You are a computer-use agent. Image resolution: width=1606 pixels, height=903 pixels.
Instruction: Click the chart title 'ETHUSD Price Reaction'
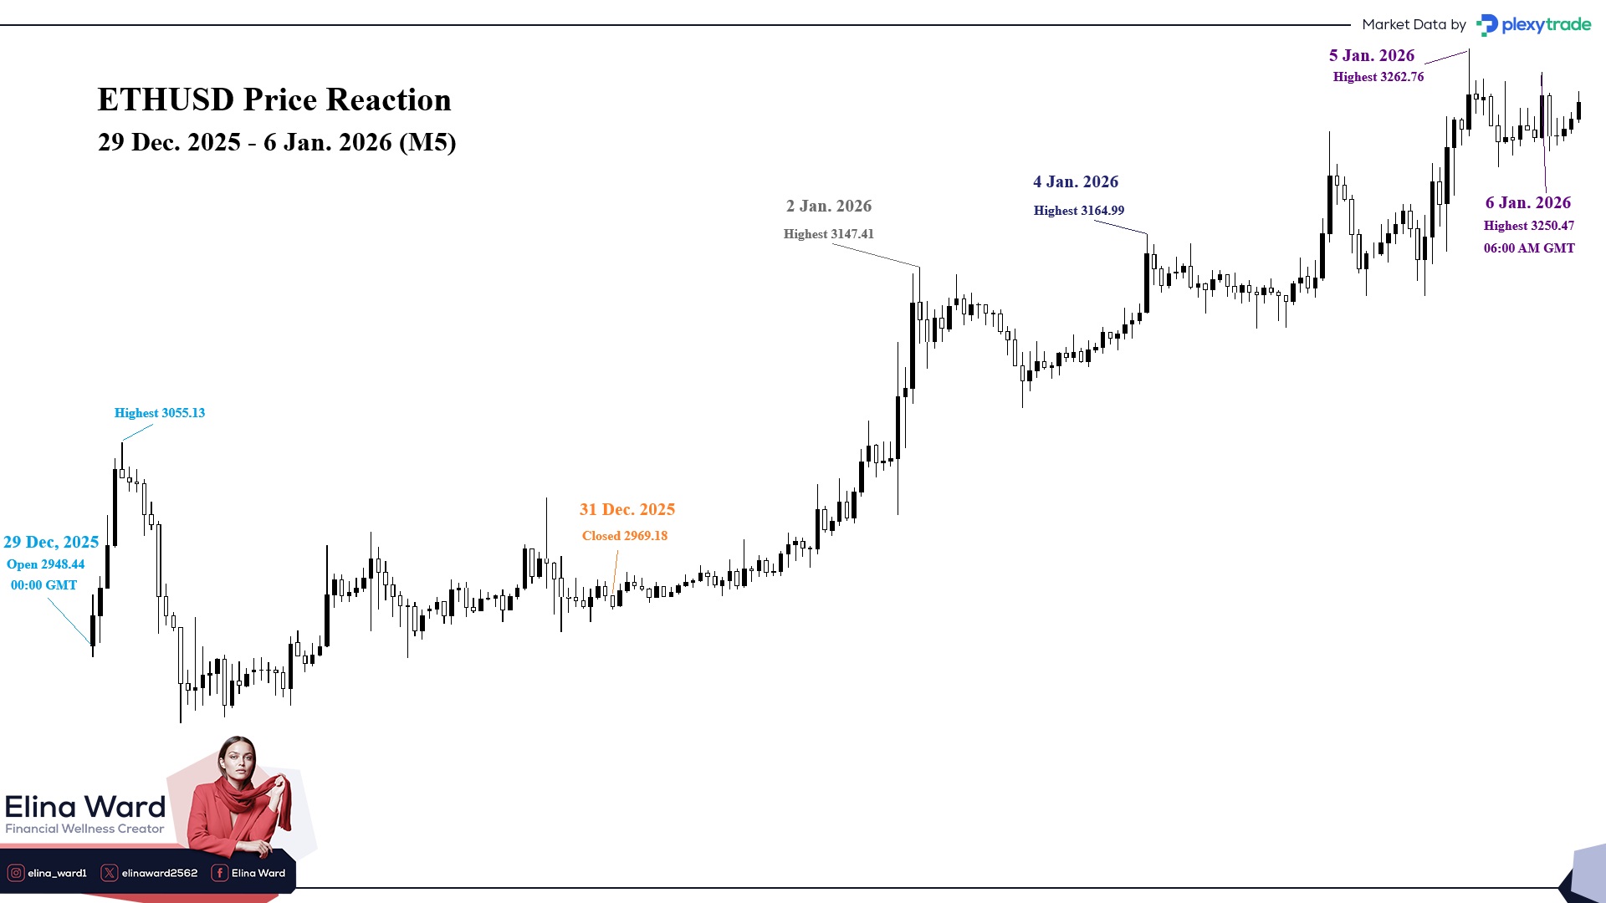pyautogui.click(x=274, y=99)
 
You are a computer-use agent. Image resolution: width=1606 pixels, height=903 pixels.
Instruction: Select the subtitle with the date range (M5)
pyautogui.click(x=277, y=142)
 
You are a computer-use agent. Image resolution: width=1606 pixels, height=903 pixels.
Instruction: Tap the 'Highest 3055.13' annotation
pyautogui.click(x=159, y=413)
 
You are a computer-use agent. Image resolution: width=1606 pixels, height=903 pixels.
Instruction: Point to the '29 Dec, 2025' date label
pyautogui.click(x=51, y=542)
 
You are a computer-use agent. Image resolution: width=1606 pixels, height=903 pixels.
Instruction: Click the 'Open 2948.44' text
pyautogui.click(x=45, y=564)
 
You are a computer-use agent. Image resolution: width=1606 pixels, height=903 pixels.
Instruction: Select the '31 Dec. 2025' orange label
pyautogui.click(x=627, y=509)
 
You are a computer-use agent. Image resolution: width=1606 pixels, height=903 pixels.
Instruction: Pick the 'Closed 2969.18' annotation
pyautogui.click(x=624, y=536)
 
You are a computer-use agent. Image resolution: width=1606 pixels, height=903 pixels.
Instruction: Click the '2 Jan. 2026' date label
pyautogui.click(x=828, y=206)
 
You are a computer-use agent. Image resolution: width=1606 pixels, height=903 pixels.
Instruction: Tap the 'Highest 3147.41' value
pyautogui.click(x=828, y=234)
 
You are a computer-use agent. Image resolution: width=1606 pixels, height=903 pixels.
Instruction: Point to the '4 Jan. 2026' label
pyautogui.click(x=1075, y=181)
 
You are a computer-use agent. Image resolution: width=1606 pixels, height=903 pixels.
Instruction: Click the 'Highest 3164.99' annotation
pyautogui.click(x=1078, y=211)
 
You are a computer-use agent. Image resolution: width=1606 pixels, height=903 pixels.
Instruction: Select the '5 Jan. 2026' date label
pyautogui.click(x=1371, y=55)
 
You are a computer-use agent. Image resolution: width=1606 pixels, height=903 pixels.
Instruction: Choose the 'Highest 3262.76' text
pyautogui.click(x=1378, y=77)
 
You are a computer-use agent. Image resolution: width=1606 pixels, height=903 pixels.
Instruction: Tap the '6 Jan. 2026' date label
pyautogui.click(x=1527, y=202)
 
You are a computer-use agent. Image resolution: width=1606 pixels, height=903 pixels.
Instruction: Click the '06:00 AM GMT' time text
pyautogui.click(x=1528, y=248)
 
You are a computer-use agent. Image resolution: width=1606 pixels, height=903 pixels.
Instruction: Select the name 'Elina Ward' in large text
pyautogui.click(x=85, y=807)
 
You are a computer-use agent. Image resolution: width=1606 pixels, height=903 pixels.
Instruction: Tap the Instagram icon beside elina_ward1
pyautogui.click(x=16, y=873)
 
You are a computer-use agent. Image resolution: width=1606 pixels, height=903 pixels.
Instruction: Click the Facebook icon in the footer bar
pyautogui.click(x=219, y=873)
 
